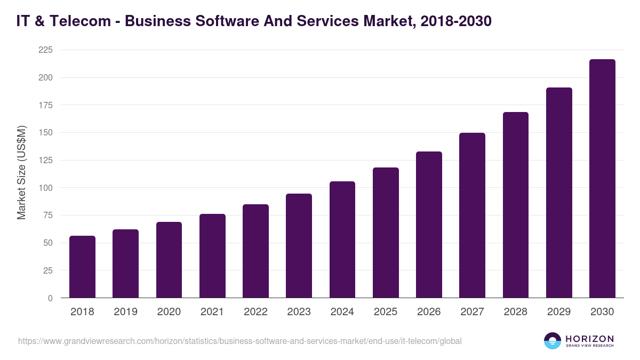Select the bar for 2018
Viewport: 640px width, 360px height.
click(x=82, y=267)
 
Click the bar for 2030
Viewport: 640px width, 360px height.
click(x=602, y=179)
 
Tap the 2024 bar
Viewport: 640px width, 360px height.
click(x=342, y=239)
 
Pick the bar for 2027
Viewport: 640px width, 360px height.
click(x=472, y=215)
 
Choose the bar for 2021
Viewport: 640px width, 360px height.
click(x=212, y=256)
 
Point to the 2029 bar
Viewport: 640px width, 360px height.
click(x=559, y=193)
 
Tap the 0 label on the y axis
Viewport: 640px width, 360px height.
click(x=50, y=298)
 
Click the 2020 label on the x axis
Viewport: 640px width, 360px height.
click(x=169, y=312)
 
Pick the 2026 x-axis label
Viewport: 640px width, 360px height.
click(x=429, y=312)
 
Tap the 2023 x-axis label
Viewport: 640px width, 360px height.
click(x=299, y=312)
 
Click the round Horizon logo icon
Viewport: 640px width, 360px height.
click(x=553, y=341)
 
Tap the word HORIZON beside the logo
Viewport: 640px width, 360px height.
click(x=589, y=339)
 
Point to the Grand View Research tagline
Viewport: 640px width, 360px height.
click(x=589, y=346)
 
